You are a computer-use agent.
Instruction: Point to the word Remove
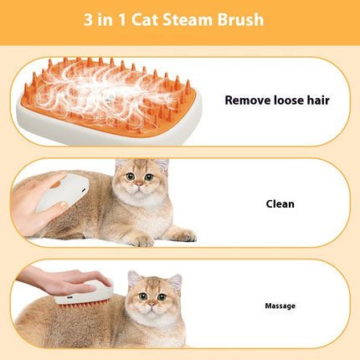249,100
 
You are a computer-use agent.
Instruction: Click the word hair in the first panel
316,100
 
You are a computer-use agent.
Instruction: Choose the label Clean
280,203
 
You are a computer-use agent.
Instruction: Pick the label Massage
280,306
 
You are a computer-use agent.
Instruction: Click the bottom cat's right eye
165,296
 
